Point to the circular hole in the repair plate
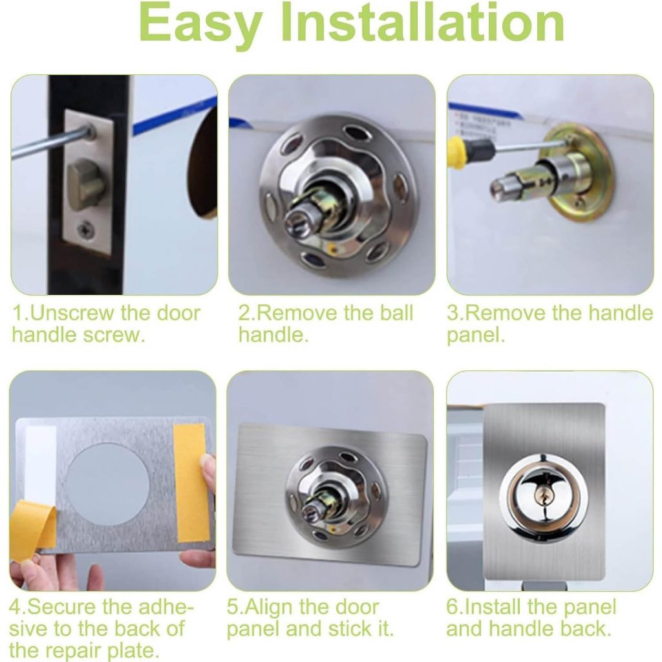coord(108,485)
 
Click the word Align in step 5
coord(268,607)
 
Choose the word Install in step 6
coord(492,607)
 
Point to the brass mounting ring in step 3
coord(579,173)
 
